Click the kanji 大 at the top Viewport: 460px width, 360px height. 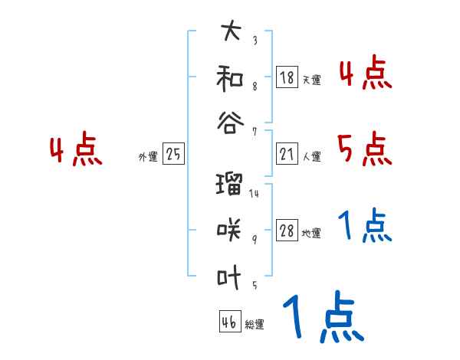click(231, 32)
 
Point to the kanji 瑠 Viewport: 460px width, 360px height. click(231, 184)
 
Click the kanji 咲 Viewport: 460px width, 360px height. click(231, 229)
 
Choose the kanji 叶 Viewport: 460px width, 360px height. click(231, 273)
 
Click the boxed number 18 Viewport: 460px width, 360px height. click(287, 77)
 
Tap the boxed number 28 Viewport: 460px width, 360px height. click(287, 231)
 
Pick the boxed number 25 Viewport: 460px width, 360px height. click(173, 155)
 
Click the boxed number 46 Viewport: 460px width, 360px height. click(228, 322)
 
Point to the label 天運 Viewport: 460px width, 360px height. click(311, 80)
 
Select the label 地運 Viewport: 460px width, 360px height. click(311, 234)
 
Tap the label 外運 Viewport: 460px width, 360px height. click(148, 157)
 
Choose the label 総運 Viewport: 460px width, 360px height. click(255, 325)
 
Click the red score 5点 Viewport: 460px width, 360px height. click(363, 149)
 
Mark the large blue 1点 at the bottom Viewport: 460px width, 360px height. click(322, 319)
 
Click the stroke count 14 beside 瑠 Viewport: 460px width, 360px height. click(254, 193)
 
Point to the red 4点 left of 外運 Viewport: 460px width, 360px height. click(76, 151)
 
